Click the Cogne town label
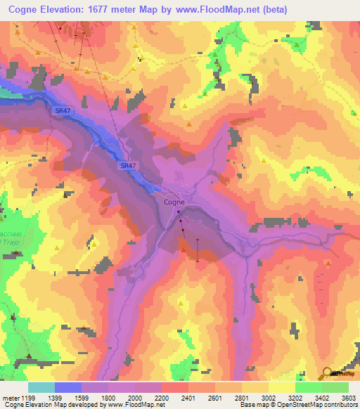coord(174,202)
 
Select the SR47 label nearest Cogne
coord(127,165)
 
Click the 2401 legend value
coord(188,397)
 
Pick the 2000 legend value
coord(135,397)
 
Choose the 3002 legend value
coord(269,397)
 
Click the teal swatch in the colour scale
coord(41,387)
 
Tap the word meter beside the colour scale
coord(9,397)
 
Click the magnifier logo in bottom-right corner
coord(328,373)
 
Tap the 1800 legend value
coord(108,397)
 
